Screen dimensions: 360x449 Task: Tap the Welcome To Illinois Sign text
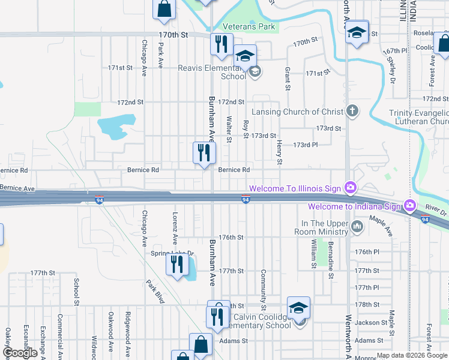pos(295,188)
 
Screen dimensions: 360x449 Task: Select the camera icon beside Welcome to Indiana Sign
pos(410,206)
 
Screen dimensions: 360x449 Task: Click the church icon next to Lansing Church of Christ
pos(352,111)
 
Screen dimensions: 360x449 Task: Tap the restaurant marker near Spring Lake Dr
pos(176,264)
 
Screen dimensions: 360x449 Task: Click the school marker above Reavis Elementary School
pos(244,55)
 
